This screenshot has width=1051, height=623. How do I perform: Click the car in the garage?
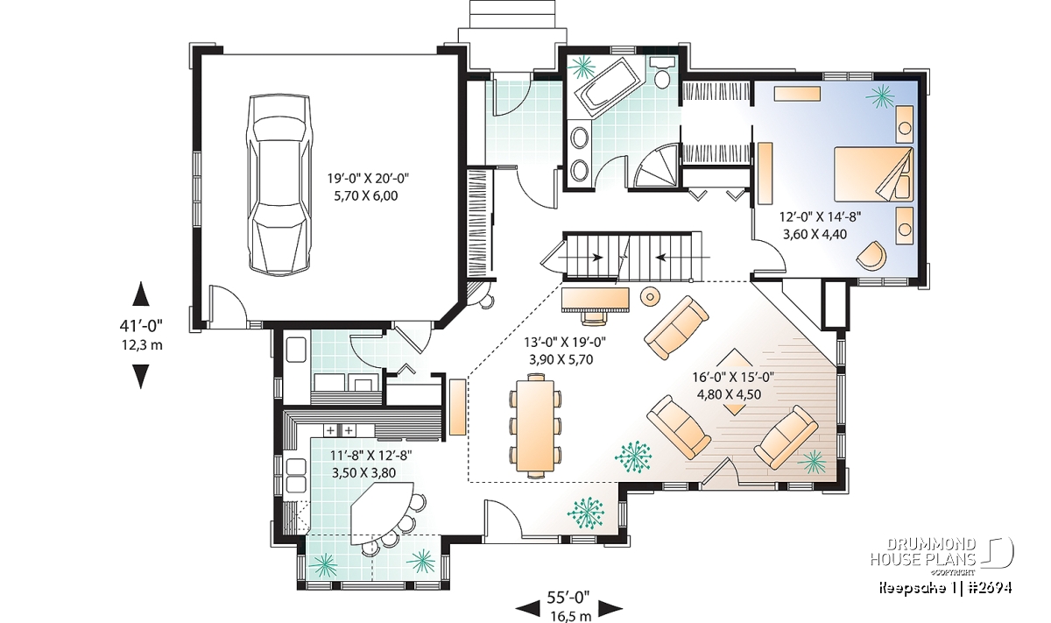[279, 185]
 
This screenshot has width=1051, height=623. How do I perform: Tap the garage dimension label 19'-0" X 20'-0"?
[368, 179]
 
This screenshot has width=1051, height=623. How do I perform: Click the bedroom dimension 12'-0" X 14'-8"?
[820, 217]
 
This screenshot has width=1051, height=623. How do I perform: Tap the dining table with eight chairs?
[535, 425]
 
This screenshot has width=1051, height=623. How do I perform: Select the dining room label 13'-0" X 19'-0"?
[565, 342]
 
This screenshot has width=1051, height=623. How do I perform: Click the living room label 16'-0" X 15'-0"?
[733, 378]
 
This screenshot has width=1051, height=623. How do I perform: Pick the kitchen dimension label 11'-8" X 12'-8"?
[370, 456]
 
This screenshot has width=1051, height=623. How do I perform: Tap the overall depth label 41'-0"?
[141, 325]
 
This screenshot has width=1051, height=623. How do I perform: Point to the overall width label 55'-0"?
[568, 598]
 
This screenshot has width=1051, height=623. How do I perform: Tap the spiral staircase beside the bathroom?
[656, 166]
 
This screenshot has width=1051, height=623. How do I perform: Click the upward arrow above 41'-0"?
[141, 294]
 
